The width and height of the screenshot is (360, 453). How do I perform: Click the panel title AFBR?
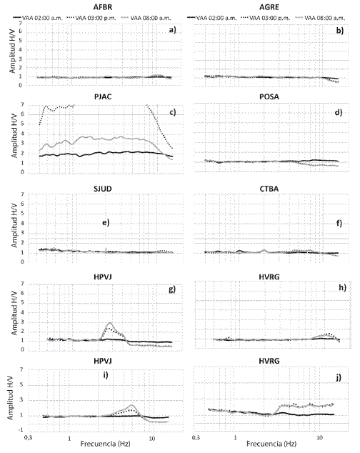tap(103, 7)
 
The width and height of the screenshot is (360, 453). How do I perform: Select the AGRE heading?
tap(269, 7)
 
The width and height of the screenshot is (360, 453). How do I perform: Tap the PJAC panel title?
tap(103, 96)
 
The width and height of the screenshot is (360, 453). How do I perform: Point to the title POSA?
tap(269, 96)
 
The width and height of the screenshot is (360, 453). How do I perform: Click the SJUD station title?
tap(103, 189)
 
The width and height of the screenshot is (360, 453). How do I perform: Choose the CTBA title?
tap(269, 189)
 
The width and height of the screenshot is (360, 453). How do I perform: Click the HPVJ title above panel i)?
tap(103, 361)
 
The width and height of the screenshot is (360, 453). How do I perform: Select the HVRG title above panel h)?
tap(269, 277)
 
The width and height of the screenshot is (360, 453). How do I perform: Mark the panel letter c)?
tap(172, 111)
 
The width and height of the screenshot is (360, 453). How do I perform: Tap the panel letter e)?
tap(106, 222)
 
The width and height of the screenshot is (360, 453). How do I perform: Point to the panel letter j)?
tap(339, 377)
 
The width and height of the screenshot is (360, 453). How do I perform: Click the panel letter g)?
tap(172, 289)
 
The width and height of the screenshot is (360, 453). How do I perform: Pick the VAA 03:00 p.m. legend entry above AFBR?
tap(91, 18)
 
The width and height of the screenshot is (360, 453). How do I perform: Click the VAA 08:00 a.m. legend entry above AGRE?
tap(320, 18)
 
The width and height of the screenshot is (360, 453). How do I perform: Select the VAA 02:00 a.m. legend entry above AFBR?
tap(38, 18)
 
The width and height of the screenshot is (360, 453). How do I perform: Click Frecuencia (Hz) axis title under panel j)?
tap(271, 444)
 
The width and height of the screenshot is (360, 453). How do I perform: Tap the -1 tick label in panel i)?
tap(20, 430)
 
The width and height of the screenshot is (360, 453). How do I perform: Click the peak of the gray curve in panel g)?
tap(110, 323)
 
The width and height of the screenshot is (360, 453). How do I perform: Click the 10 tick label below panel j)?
tap(319, 437)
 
